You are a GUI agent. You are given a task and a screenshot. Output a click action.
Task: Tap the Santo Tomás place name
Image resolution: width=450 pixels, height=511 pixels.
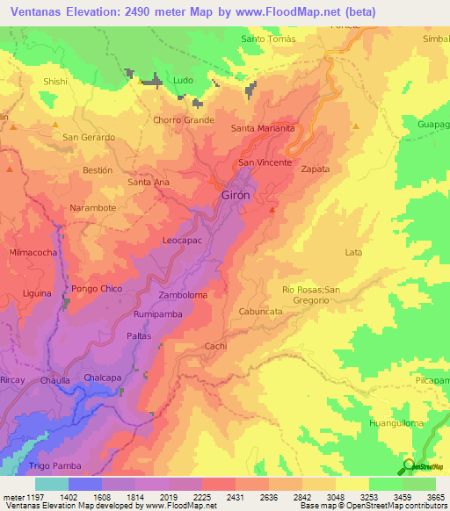(x=267, y=39)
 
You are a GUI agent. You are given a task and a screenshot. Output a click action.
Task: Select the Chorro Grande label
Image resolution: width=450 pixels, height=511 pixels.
(x=184, y=119)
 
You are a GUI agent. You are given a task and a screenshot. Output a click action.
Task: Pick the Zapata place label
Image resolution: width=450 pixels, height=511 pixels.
(x=316, y=169)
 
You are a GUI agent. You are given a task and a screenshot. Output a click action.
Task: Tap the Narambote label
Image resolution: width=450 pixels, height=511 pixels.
(x=93, y=208)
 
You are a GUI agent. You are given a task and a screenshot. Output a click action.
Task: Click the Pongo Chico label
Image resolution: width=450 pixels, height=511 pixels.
(x=99, y=289)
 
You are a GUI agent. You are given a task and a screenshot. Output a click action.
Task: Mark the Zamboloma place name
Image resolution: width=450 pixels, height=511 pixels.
(x=183, y=296)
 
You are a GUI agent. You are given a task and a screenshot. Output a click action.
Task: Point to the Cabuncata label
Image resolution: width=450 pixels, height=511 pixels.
(x=261, y=312)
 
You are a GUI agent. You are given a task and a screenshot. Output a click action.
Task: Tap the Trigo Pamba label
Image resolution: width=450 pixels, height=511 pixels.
(x=54, y=465)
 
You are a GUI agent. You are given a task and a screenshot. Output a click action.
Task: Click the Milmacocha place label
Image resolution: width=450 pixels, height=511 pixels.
(x=33, y=252)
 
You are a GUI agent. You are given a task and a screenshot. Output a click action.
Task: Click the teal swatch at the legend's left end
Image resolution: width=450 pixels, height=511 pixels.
(x=51, y=484)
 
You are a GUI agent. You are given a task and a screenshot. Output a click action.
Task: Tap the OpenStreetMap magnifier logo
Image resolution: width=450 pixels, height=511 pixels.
(x=410, y=465)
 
